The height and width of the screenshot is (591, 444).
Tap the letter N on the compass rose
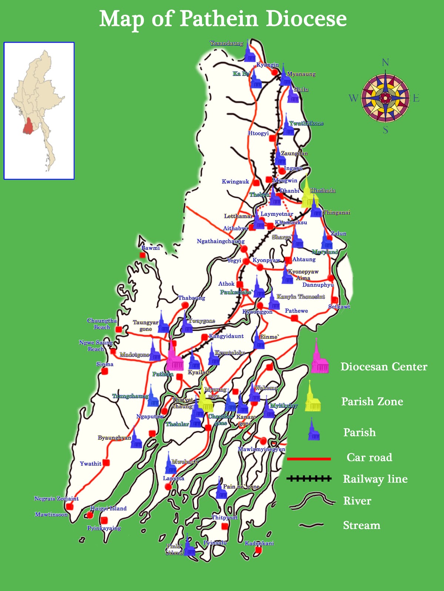pyautogui.click(x=386, y=62)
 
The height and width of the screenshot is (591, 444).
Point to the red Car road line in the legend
pyautogui.click(x=309, y=459)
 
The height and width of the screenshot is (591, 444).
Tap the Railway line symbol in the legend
pyautogui.click(x=309, y=479)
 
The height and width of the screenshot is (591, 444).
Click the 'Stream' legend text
pyautogui.click(x=361, y=525)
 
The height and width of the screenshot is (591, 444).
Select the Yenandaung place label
pyautogui.click(x=226, y=43)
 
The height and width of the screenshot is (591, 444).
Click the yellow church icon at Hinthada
pyautogui.click(x=307, y=194)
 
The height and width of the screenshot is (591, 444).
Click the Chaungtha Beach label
pyautogui.click(x=102, y=324)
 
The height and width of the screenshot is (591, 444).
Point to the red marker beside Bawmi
pyautogui.click(x=143, y=255)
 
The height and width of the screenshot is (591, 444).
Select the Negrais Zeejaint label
pyautogui.click(x=56, y=499)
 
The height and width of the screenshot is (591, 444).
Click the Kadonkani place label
pyautogui.click(x=259, y=543)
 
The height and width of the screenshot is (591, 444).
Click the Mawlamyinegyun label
pyautogui.click(x=261, y=449)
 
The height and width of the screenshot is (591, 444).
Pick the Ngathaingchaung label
pyautogui.click(x=221, y=241)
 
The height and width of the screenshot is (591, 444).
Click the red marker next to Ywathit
pyautogui.click(x=106, y=462)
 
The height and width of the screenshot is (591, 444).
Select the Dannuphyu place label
pyautogui.click(x=318, y=284)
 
